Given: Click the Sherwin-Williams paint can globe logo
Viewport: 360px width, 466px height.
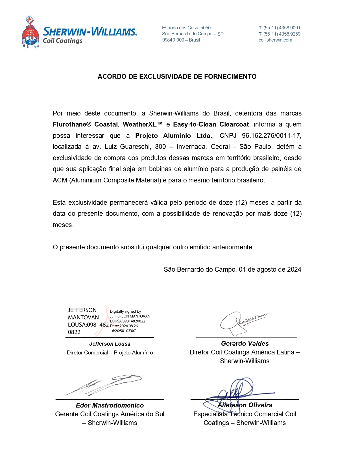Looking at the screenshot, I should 30,32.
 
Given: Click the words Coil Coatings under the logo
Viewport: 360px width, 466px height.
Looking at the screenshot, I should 62,41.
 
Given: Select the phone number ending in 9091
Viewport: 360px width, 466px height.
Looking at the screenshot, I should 282,28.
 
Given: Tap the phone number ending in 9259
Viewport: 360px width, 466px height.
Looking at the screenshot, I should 282,34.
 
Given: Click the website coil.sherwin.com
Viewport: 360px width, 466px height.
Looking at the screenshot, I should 275,40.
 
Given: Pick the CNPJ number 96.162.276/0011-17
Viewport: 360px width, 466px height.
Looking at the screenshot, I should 271,136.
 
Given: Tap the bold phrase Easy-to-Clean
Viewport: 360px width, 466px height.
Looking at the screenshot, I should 195,125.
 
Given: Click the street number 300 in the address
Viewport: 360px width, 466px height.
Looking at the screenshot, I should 160,147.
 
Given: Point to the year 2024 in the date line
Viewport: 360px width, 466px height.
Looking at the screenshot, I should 294,270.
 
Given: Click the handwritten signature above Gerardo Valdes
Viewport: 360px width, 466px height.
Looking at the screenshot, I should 243,322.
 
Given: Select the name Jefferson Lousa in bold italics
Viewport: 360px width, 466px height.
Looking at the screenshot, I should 110,344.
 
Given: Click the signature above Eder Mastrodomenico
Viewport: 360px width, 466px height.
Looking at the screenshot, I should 104,385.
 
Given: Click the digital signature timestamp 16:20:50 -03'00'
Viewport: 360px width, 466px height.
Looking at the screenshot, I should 123,331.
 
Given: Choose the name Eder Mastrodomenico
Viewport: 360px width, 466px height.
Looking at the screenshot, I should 110,406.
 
